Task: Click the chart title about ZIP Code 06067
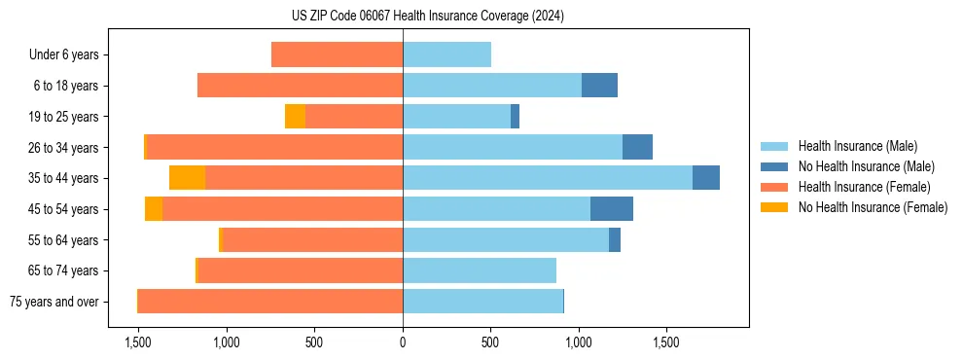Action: (x=429, y=17)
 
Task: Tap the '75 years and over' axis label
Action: (x=53, y=302)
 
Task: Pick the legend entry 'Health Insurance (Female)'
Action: (x=864, y=187)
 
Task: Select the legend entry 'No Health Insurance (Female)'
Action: (x=873, y=207)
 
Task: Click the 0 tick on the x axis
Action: (x=403, y=342)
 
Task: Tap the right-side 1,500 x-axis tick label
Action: (x=666, y=342)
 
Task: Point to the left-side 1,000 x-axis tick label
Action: (x=226, y=342)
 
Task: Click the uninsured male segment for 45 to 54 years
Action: (x=612, y=209)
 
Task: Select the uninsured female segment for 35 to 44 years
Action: (x=187, y=178)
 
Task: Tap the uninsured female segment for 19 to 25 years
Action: (x=295, y=117)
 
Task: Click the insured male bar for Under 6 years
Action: (x=446, y=54)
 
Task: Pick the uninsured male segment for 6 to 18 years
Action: (x=599, y=86)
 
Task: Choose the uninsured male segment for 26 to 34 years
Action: (x=637, y=147)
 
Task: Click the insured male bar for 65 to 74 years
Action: (x=480, y=270)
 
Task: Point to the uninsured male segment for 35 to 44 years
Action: (x=706, y=178)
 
